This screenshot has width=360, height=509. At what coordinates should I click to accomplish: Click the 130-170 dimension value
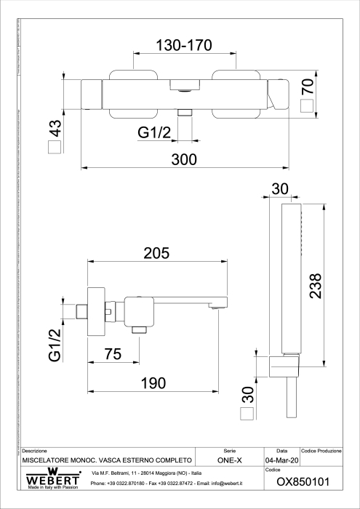click(x=184, y=45)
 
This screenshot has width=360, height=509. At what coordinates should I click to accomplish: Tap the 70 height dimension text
click(x=308, y=86)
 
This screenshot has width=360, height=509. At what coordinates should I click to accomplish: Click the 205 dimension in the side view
click(x=156, y=253)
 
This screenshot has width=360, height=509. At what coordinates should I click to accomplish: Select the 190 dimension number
click(x=153, y=383)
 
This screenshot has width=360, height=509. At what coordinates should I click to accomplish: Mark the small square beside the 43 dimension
click(x=55, y=149)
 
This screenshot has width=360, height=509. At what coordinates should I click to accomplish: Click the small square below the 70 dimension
click(x=308, y=105)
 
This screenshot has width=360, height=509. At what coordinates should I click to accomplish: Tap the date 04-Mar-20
click(x=281, y=461)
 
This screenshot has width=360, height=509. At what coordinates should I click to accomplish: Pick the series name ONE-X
click(x=229, y=461)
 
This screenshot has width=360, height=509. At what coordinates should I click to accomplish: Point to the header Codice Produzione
click(x=321, y=452)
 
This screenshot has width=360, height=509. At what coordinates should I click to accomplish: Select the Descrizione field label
click(x=35, y=452)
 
